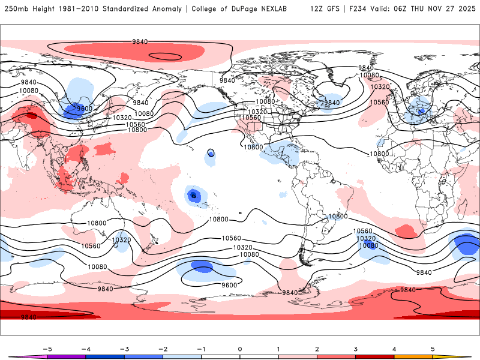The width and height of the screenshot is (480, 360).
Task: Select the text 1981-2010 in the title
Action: coord(79,9)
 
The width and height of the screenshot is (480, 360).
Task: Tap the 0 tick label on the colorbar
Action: coord(240,349)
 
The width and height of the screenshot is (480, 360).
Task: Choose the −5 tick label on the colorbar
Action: coord(46,349)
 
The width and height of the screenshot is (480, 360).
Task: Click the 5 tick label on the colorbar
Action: coord(433,349)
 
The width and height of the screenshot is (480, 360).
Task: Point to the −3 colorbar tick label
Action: coord(124,349)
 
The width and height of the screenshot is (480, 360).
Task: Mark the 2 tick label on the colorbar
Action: coord(317,349)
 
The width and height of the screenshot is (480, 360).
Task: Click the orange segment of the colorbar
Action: coord(413,356)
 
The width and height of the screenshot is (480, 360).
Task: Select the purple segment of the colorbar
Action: coord(66,356)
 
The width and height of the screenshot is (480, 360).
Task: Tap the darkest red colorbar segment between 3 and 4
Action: coord(375,356)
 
